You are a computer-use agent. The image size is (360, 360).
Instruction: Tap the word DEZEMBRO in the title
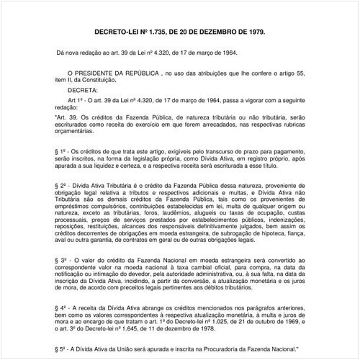(210, 34)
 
